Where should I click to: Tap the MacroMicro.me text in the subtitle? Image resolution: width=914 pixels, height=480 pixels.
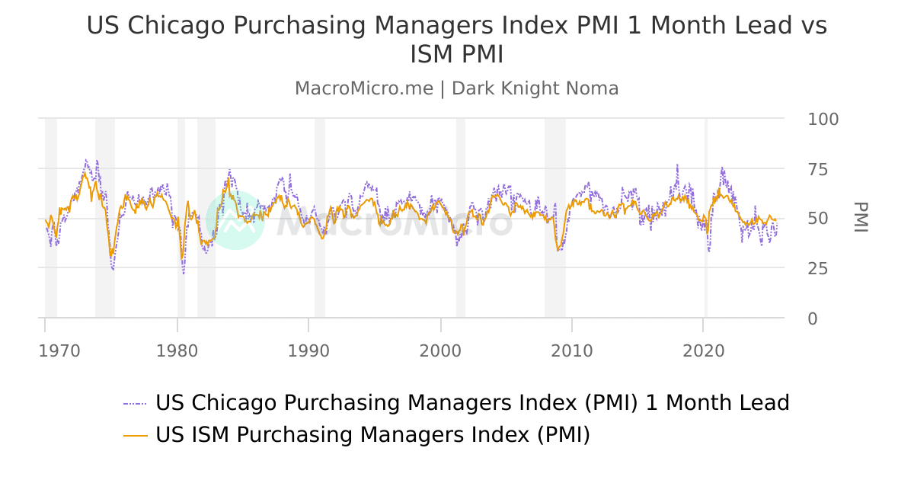coord(363,88)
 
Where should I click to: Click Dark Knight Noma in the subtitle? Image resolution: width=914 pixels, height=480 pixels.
coord(535,88)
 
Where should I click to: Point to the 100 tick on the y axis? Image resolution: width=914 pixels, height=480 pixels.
coord(823,120)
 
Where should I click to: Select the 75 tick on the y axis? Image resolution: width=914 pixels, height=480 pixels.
coord(817,169)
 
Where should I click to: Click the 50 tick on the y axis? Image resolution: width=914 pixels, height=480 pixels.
coord(817,219)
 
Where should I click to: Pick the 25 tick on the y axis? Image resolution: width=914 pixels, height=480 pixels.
coord(817,269)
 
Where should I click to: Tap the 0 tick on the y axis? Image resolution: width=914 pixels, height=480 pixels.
coord(812,318)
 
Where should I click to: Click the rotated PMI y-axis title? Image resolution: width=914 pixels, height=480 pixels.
coord(860,218)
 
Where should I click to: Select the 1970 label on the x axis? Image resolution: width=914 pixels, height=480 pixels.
coord(59,351)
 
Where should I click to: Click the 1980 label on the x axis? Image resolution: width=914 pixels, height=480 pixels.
coord(177,351)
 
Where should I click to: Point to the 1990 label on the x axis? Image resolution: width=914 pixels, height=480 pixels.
coord(308,351)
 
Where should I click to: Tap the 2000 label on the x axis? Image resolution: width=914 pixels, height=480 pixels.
coord(440,351)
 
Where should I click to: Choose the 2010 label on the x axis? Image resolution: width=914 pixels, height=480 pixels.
coord(572,351)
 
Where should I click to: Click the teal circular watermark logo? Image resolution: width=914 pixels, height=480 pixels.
coord(235,220)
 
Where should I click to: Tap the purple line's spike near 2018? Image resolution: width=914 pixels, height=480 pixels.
coord(677,165)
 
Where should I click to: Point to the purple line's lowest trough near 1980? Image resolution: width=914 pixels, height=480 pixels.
coord(184,273)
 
